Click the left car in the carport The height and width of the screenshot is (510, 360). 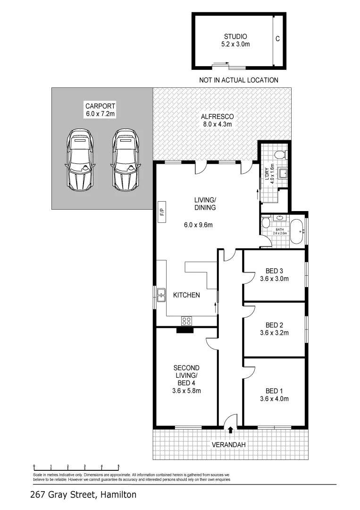point(80,159)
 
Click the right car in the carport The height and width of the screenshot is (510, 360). point(126,159)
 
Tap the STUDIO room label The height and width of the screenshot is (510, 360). point(235,36)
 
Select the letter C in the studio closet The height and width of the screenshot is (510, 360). point(277,39)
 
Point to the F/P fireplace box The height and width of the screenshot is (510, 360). point(161,212)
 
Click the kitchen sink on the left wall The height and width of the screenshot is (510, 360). point(161,295)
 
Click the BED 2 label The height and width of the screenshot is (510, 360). point(274,325)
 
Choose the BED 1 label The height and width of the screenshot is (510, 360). point(274,391)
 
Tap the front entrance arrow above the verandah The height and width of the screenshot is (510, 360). point(230,430)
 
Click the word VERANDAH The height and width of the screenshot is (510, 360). point(229,445)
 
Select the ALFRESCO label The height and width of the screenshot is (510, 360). point(218,116)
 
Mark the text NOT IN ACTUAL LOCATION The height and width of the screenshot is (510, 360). point(239,80)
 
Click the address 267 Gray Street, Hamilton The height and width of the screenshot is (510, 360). point(83,495)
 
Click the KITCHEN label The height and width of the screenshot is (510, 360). point(186,295)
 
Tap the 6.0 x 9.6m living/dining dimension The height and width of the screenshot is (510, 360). point(198,225)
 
